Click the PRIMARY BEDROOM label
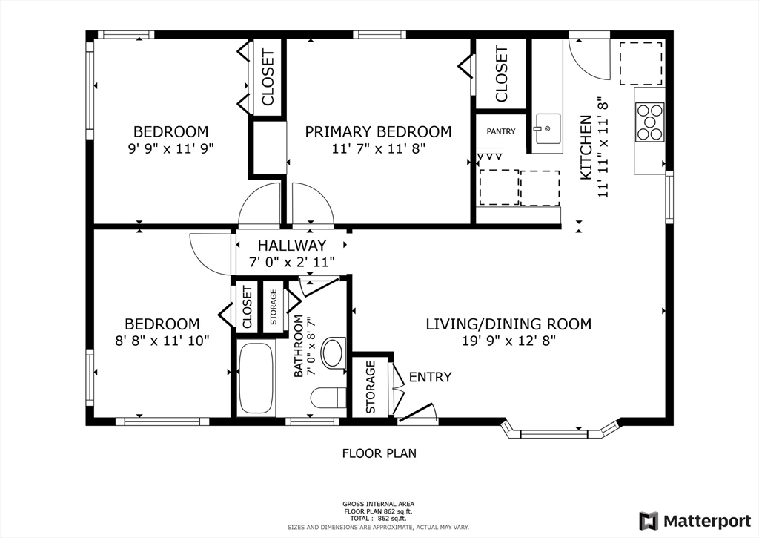(x=378, y=131)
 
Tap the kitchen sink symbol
(x=547, y=128)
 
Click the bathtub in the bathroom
(x=256, y=378)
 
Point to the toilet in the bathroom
(x=327, y=398)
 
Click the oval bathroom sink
(x=334, y=353)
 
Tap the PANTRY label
(x=500, y=131)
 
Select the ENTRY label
(x=430, y=377)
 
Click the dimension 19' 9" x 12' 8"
(x=508, y=341)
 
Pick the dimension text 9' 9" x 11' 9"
(x=170, y=148)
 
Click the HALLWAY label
(x=291, y=246)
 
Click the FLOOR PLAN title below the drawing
(x=379, y=453)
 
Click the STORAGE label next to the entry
(x=370, y=387)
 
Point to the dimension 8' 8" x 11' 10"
(x=162, y=341)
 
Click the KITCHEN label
(x=586, y=147)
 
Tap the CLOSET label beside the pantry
(x=501, y=74)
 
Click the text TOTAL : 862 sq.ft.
(x=378, y=518)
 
